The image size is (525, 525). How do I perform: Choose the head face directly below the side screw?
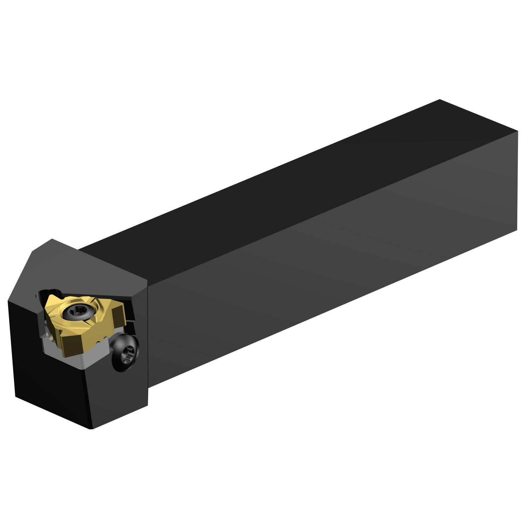pos(119,395)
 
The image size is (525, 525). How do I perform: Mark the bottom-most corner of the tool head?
pos(92,429)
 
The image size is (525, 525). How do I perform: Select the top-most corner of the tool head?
pos(52,239)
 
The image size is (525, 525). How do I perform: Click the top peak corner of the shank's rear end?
pos(439,99)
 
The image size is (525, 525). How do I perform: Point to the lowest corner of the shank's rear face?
pos(517,230)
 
